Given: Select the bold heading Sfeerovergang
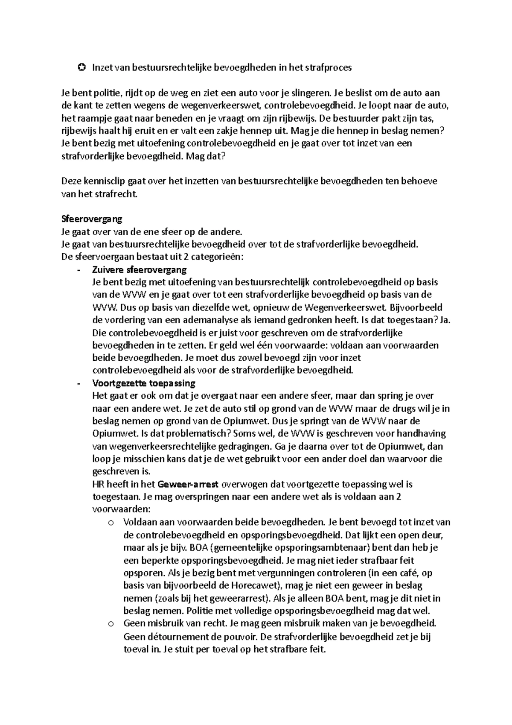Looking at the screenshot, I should tap(92, 219).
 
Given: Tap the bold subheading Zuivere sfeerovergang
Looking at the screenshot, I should tap(139, 269).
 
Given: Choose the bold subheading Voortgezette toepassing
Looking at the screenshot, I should tap(143, 383).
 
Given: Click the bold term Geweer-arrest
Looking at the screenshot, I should tap(188, 484).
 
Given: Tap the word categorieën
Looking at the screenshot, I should tap(216, 257).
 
